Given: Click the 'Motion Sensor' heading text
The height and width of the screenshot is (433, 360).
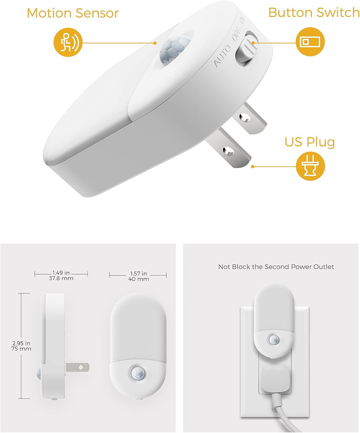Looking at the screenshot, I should point(72,13).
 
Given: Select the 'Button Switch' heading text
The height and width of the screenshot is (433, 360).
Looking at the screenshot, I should point(314,13).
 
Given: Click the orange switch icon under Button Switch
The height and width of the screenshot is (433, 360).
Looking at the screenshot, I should point(309,42).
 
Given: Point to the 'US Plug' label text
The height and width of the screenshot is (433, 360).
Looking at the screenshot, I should point(309,142).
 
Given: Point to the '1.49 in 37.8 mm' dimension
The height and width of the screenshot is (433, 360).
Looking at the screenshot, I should point(61,275).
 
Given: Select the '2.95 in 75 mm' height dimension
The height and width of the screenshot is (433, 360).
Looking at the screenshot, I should point(22,345).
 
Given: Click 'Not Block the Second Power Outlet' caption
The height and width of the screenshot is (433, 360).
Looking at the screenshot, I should point(276,267).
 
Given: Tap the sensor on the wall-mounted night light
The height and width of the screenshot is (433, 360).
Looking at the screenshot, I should point(273,339).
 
